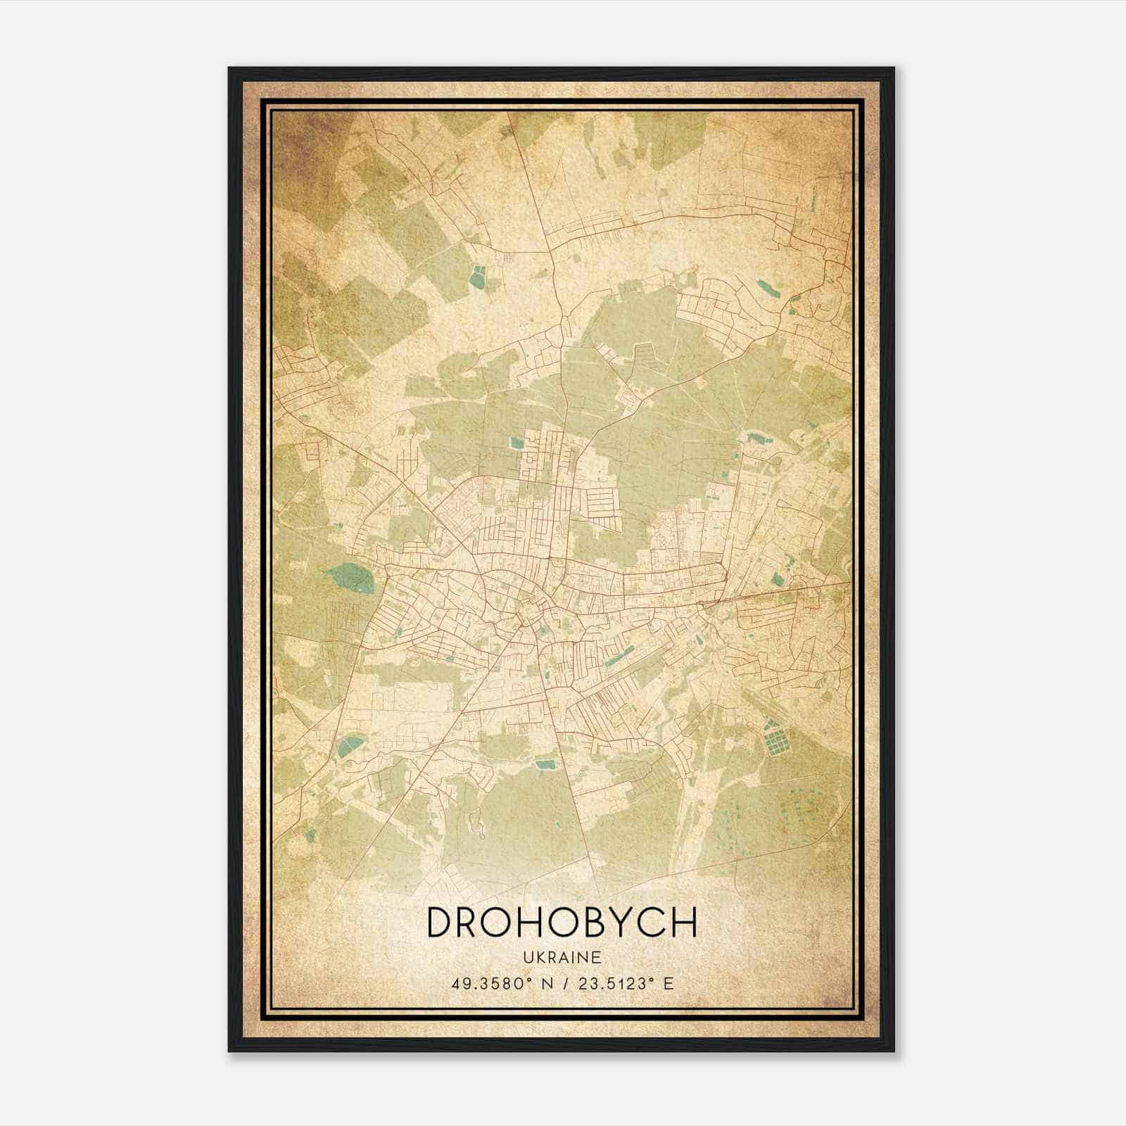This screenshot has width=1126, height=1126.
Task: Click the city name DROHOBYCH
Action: pyautogui.click(x=562, y=923)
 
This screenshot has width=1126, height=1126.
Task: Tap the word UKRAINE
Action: pyautogui.click(x=562, y=957)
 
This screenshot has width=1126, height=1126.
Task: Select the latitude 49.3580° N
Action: pyautogui.click(x=500, y=983)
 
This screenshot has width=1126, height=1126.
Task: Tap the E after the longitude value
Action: pyautogui.click(x=669, y=983)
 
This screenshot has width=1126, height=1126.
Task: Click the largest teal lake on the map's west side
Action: pyautogui.click(x=351, y=578)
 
